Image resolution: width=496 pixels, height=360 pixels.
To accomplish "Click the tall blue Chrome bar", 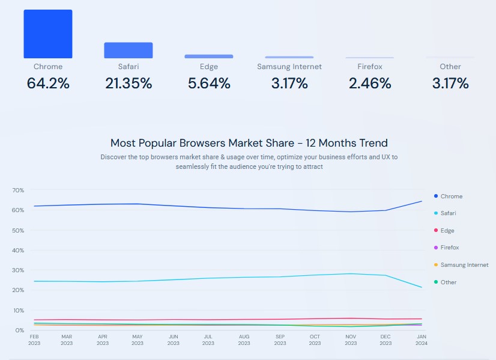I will tap(48, 34).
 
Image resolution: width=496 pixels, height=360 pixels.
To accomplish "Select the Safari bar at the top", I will tap(129, 50).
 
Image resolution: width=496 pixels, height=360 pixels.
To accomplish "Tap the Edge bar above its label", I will tap(209, 56).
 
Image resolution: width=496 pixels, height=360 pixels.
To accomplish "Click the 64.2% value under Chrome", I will tap(48, 84).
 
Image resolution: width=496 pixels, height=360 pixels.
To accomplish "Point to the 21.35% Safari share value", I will tap(129, 84).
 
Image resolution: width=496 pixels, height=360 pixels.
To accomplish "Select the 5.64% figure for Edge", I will tap(209, 84).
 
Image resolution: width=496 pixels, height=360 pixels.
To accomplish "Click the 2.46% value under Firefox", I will tap(370, 84).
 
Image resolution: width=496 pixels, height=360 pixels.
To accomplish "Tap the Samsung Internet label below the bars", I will tap(289, 67).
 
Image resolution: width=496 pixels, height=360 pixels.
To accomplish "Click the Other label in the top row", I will tap(450, 67).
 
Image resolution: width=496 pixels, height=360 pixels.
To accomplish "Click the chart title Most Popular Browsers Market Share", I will tap(249, 143).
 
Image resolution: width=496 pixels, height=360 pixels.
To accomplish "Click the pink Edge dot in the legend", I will tap(435, 231).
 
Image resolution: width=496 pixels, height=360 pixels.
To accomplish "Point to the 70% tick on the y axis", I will tap(18, 191).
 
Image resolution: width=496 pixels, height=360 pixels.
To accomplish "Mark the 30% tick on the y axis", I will tap(18, 270).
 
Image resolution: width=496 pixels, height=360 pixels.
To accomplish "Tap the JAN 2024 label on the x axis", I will tap(421, 340).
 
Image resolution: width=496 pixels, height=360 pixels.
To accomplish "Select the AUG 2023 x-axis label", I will tap(244, 340).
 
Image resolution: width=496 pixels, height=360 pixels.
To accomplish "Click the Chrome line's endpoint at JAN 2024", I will tap(421, 201).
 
